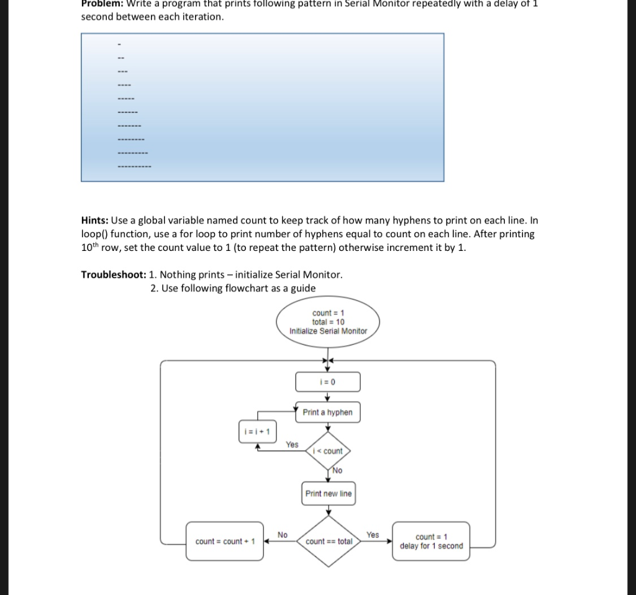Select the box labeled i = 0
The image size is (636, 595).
coord(328,381)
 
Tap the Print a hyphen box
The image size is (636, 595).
coord(327,412)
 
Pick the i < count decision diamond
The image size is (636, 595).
coord(328,451)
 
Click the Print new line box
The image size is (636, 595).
coord(328,494)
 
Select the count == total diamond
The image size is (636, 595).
coord(328,541)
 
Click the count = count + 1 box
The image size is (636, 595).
coord(225,542)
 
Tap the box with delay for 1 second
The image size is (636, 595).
coord(432,542)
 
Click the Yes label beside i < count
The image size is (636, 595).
coord(292,445)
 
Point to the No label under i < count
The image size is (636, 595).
coord(337,471)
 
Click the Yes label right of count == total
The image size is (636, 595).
coord(373,534)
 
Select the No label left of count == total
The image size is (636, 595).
coord(283,534)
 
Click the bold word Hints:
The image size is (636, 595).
coord(94,220)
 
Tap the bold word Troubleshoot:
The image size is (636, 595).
coord(114,275)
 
